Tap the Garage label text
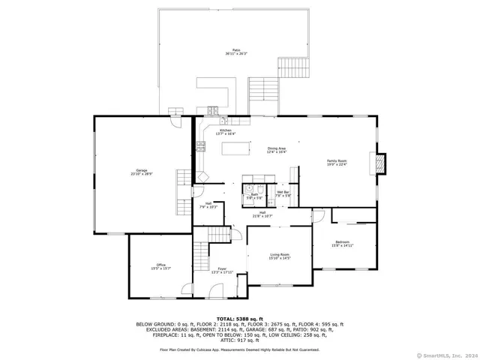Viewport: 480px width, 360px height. pos(140,172)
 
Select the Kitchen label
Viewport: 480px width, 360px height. pos(226,132)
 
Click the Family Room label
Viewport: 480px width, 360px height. pos(337,163)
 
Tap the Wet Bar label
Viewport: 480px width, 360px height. pos(283,194)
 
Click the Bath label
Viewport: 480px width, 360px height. pos(255,196)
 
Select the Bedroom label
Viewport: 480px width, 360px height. pos(342,243)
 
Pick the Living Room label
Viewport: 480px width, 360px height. pos(280,256)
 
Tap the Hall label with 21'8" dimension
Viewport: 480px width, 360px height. pos(263,214)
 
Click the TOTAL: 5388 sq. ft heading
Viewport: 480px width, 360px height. pos(239,319)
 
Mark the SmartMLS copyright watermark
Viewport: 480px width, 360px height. pos(448,355)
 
